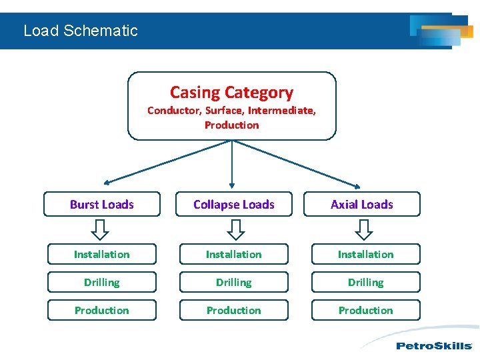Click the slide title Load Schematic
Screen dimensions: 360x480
[x=80, y=31]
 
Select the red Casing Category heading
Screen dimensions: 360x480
[x=231, y=93]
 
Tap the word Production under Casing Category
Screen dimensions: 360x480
[x=231, y=125]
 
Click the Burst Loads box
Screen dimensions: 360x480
[x=102, y=205]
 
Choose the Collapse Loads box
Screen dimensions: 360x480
[x=233, y=205]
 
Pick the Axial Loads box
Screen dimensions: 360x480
[x=362, y=205]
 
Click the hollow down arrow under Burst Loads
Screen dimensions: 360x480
[x=100, y=229]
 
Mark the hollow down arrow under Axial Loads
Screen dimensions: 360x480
[x=363, y=229]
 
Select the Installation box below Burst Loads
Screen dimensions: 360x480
[x=102, y=254]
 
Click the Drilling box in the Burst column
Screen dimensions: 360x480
[x=102, y=282]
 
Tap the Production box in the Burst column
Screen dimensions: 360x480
[x=102, y=310]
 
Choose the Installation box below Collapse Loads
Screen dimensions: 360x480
[x=233, y=254]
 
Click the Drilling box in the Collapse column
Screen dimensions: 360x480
[x=233, y=282]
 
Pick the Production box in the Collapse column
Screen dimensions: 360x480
[x=233, y=310]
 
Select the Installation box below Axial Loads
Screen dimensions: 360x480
[x=365, y=254]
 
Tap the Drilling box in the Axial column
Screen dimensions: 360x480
[x=365, y=282]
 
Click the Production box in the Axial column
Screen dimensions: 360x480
[x=365, y=310]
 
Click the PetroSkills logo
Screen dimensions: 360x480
[x=433, y=345]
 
